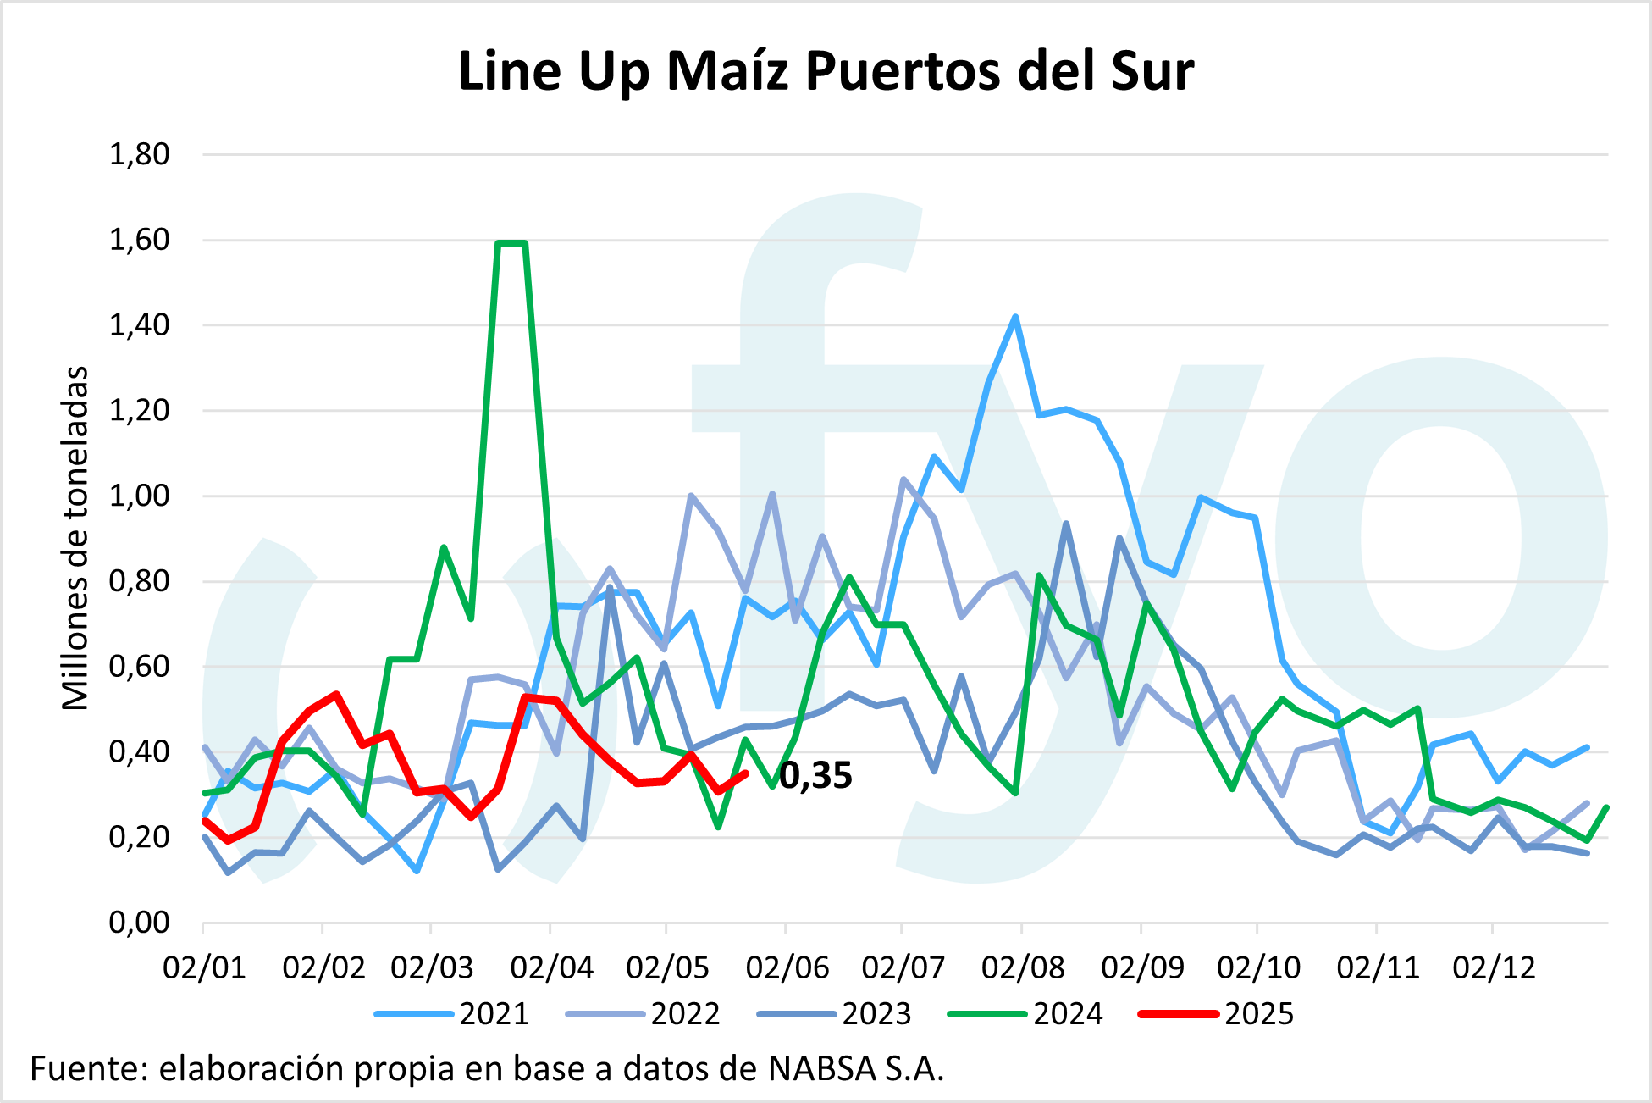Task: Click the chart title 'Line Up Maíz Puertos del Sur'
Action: tap(826, 71)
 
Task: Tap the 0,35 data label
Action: tap(815, 776)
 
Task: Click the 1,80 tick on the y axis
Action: tap(140, 155)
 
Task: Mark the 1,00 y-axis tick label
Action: tap(140, 496)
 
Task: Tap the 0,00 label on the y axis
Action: tap(140, 922)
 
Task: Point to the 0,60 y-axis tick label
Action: tap(140, 667)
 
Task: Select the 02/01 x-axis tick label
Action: tap(204, 967)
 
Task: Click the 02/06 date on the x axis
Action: tap(787, 967)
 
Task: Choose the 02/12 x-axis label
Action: tap(1494, 967)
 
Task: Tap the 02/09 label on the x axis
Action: tap(1141, 967)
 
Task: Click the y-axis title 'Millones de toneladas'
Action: tap(75, 538)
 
